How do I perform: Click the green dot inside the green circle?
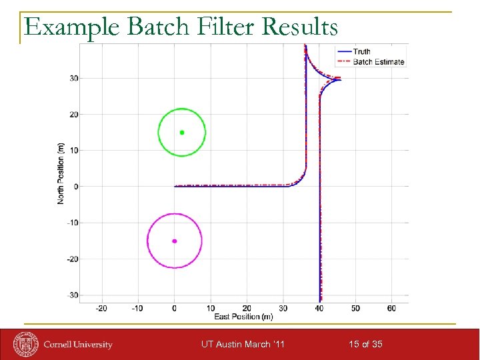(182, 132)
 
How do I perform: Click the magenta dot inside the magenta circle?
(174, 241)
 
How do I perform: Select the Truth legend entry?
(362, 52)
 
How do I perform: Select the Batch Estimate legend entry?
(378, 62)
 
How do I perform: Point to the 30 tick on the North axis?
(74, 78)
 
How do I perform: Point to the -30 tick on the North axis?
(73, 295)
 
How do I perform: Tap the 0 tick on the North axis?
(75, 187)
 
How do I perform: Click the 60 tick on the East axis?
(391, 308)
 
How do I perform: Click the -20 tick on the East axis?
(101, 308)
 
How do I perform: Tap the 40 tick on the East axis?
(319, 308)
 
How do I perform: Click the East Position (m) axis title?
(243, 316)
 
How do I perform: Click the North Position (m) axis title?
(61, 173)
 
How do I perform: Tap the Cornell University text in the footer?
(78, 345)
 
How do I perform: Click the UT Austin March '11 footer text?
(243, 344)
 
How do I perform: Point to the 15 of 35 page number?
(365, 344)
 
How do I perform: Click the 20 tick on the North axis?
(74, 115)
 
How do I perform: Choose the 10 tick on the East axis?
(211, 308)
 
